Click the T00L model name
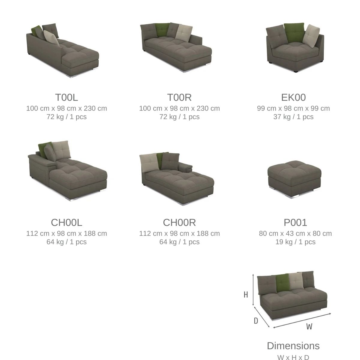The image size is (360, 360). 67,97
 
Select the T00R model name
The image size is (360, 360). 179,97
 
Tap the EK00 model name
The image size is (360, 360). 293,97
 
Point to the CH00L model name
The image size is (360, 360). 67,223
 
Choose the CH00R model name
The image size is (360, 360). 179,223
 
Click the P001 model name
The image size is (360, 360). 295,223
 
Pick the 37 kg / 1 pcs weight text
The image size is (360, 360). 293,117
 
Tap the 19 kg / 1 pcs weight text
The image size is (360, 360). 295,242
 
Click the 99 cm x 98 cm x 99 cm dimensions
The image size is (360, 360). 293,108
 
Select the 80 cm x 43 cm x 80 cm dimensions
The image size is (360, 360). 295,233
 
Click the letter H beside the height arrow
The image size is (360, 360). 246,295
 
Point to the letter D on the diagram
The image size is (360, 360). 256,321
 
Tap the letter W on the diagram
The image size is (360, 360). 309,326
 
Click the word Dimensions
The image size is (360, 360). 293,346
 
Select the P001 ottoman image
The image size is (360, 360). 294,179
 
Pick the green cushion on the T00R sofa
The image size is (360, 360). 162,30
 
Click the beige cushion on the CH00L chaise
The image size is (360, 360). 61,149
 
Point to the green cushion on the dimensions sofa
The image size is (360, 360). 283,283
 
